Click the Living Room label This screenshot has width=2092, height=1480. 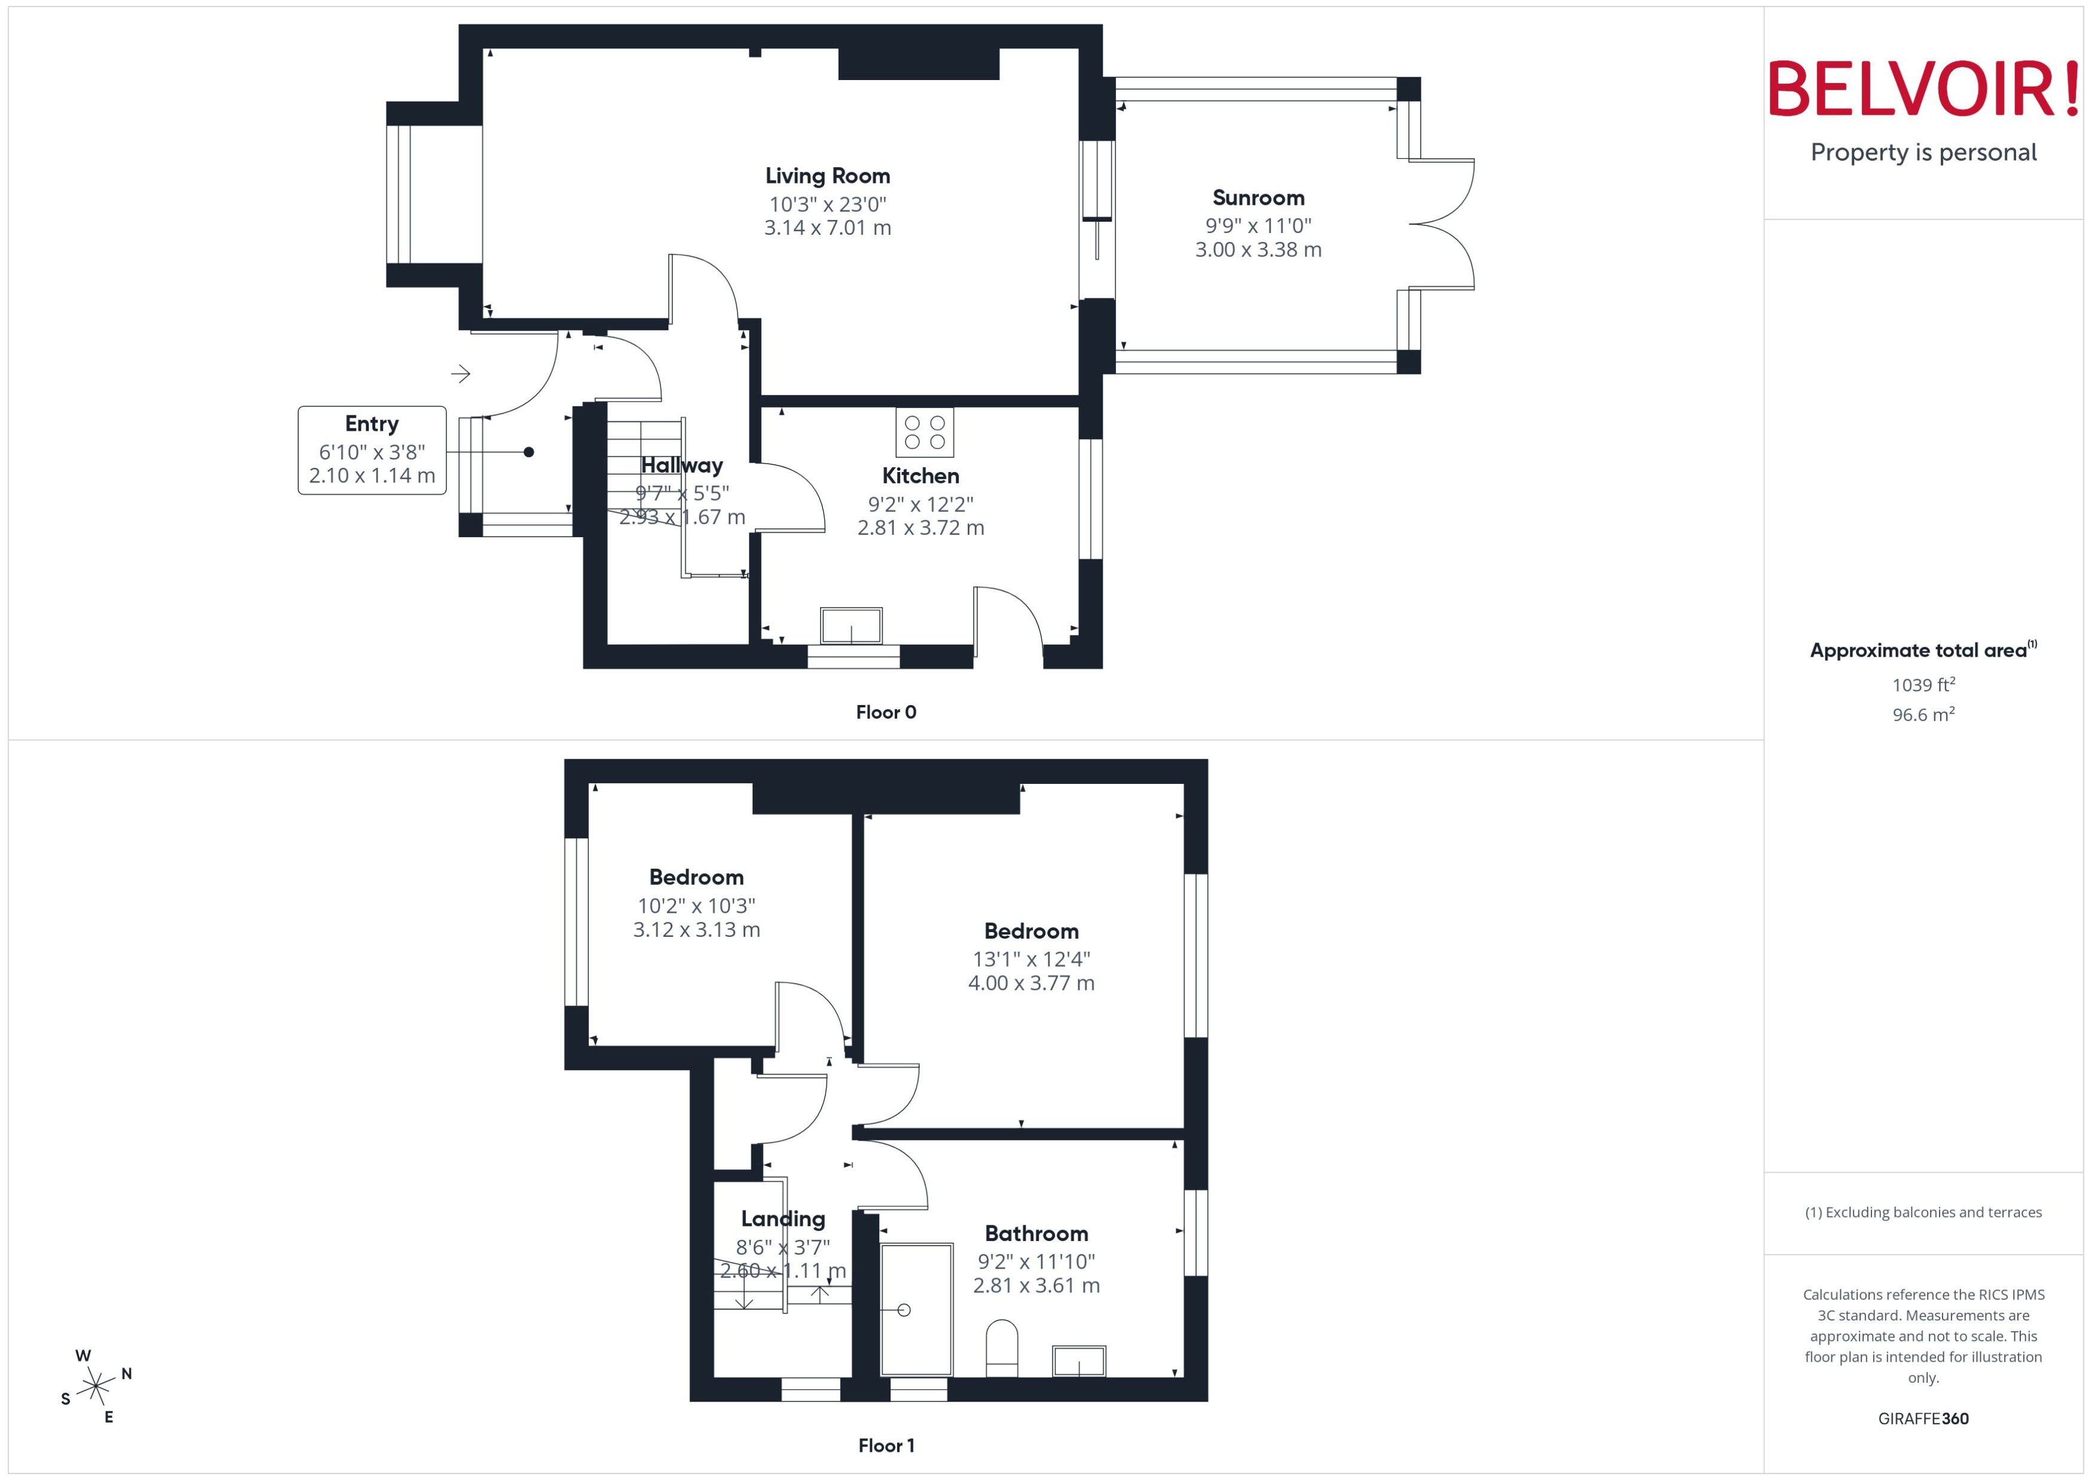click(x=827, y=176)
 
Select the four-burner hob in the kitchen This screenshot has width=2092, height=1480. click(x=923, y=432)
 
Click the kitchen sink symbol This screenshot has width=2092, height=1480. click(x=851, y=626)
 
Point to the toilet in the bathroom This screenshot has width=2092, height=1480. click(x=1001, y=1348)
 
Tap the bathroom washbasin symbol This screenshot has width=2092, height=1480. click(x=1078, y=1361)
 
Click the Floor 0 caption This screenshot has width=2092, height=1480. click(x=885, y=713)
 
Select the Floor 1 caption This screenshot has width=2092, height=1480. click(x=885, y=1445)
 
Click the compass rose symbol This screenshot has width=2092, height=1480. click(x=96, y=1387)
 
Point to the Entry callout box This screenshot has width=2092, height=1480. click(x=372, y=450)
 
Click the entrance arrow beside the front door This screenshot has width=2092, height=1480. click(x=460, y=373)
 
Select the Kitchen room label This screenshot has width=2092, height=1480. click(x=920, y=476)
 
